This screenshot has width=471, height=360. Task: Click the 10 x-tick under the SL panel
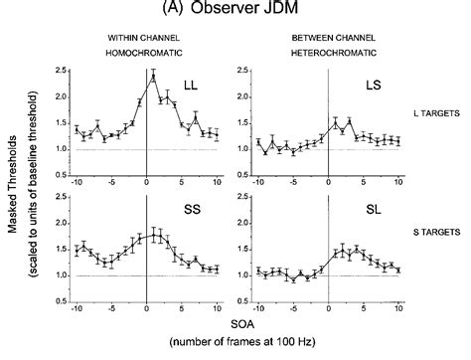click(x=397, y=305)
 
